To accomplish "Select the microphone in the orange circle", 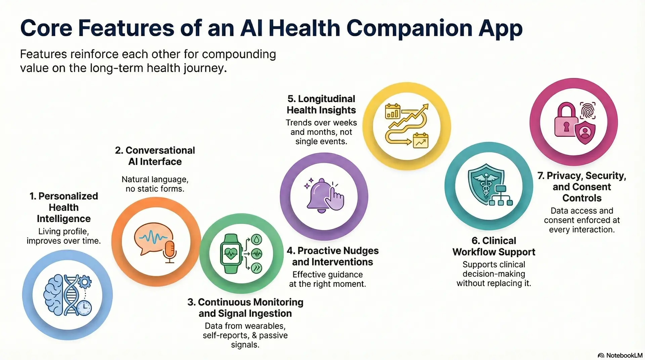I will point(170,251).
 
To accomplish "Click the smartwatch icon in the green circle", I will point(230,254).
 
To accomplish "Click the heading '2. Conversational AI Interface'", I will point(155,156).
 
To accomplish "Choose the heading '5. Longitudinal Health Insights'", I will point(321,104).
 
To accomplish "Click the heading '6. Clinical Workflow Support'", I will point(493,246).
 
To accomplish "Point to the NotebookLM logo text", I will point(624,355).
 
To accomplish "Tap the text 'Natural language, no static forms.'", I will point(155,184).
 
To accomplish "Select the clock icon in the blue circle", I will point(84,307).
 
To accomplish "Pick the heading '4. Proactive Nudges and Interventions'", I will point(333,256).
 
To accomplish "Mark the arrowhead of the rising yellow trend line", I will point(426,107).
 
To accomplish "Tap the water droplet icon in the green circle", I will point(257,239).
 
